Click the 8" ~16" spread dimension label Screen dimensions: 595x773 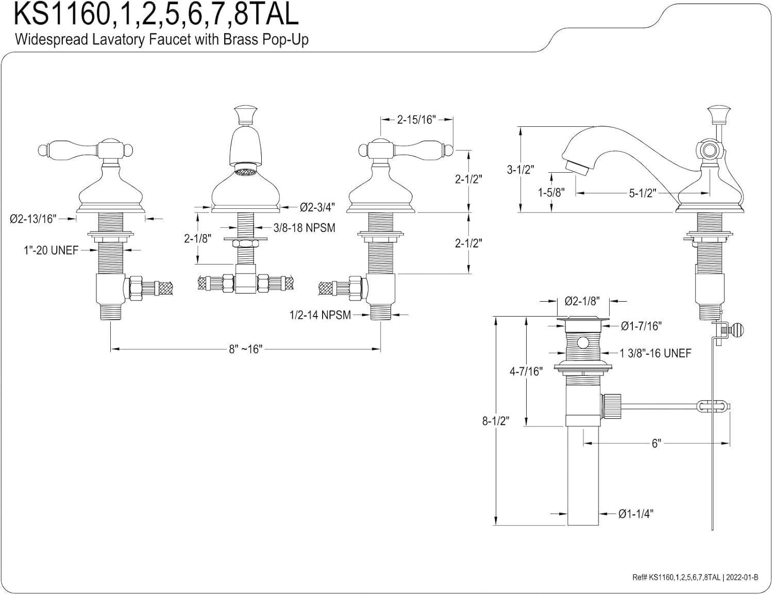246,349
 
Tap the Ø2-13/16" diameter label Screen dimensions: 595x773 32,219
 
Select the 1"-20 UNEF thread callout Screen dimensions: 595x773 51,251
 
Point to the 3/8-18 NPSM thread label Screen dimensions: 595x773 304,227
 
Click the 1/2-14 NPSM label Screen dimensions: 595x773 320,315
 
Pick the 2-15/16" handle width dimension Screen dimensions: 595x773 416,120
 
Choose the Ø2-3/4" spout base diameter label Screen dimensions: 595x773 317,207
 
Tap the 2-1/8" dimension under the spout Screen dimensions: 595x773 198,239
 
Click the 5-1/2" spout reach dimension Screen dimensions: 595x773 643,193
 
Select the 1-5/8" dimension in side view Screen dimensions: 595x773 551,193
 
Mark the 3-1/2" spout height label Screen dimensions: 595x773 521,169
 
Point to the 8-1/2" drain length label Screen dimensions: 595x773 496,421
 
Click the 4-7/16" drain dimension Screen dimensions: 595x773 526,371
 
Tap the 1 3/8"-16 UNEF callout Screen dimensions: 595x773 656,353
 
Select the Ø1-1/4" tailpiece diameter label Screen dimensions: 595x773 636,514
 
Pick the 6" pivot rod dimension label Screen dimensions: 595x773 656,443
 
